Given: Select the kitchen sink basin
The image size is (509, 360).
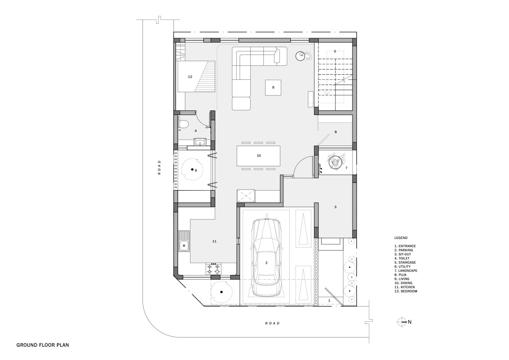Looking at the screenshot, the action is [183, 245].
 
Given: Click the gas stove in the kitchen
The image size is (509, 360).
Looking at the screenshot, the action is [213, 269].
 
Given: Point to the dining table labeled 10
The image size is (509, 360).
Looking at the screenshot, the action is [258, 156].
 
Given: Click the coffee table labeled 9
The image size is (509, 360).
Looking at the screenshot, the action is [273, 87].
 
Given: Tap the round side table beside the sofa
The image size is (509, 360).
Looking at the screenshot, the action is [300, 56].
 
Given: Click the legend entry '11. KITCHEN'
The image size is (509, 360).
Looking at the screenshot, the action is [405, 287].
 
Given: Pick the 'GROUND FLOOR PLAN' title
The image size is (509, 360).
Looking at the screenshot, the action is [43, 345].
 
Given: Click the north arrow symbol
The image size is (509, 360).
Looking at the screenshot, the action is [402, 322].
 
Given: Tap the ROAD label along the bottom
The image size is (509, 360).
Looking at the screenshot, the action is [272, 323].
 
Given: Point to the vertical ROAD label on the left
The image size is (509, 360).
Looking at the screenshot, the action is [159, 167].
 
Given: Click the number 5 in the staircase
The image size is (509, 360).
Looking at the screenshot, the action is [335, 51].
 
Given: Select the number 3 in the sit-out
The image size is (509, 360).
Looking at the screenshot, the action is [335, 207].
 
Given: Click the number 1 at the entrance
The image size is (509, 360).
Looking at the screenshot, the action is [329, 301].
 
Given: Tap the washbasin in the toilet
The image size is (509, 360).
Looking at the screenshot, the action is [41, 142].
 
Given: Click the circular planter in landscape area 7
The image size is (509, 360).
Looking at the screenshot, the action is [336, 162].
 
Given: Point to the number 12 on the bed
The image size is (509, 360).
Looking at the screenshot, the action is [190, 77].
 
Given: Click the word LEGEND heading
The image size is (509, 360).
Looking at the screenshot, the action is [401, 238].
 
